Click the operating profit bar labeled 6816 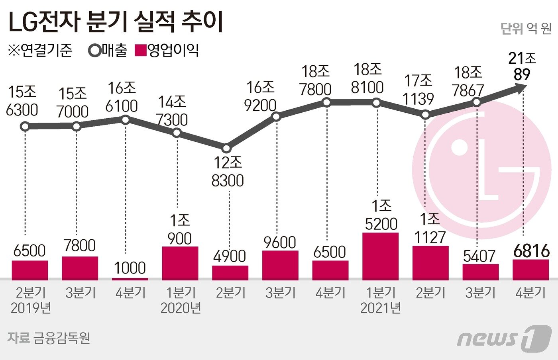point(530,270)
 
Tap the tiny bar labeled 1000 point(130,279)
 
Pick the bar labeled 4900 point(230,273)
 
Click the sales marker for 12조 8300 point(226,149)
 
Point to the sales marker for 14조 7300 point(177,133)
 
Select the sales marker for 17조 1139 point(425,115)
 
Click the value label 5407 point(479,256)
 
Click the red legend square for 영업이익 point(141,51)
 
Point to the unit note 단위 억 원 point(526,28)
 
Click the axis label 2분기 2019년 point(31,300)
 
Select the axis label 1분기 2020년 point(181,300)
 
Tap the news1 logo point(504,338)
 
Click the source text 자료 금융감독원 point(49,338)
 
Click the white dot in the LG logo point(460,147)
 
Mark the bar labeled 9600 point(280,265)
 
